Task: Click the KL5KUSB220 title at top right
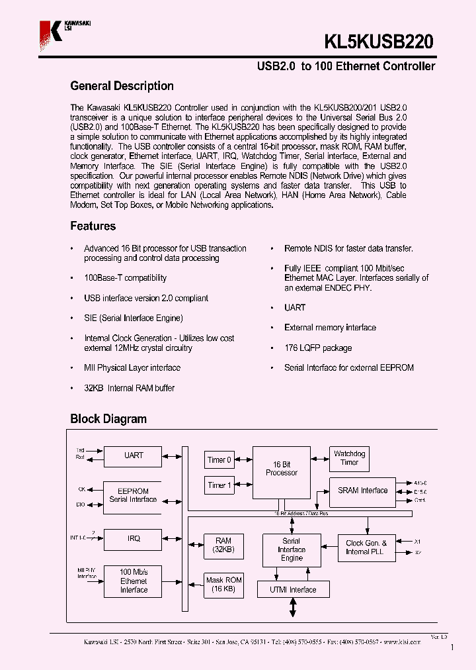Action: point(379,42)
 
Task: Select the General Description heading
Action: point(122,86)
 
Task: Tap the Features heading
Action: point(93,226)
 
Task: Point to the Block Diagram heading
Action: point(108,419)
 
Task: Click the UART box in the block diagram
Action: point(133,455)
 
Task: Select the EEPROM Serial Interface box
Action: point(133,495)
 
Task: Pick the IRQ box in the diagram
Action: point(133,539)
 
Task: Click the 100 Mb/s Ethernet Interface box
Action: point(133,580)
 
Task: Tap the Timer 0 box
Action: point(219,459)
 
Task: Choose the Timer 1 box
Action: point(219,485)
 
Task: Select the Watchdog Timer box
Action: point(349,458)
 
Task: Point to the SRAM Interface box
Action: point(362,491)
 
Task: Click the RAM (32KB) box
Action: point(223,546)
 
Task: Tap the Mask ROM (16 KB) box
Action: point(223,584)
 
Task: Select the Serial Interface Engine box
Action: point(291,550)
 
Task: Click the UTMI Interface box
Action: point(293,590)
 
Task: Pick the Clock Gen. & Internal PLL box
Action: point(366,548)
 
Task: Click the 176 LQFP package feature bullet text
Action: point(318,348)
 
